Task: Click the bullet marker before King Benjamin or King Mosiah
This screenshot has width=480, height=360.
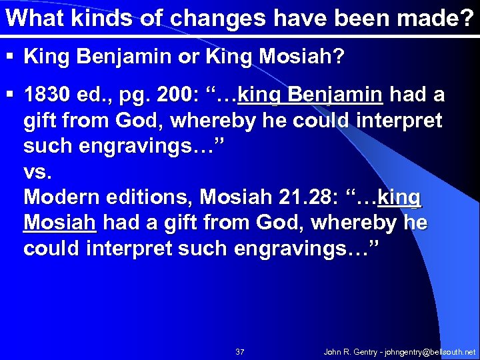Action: point(11,57)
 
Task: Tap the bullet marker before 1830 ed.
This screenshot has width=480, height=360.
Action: point(11,96)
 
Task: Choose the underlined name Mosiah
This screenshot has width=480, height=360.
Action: point(60,222)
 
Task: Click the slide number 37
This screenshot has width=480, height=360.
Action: point(240,351)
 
